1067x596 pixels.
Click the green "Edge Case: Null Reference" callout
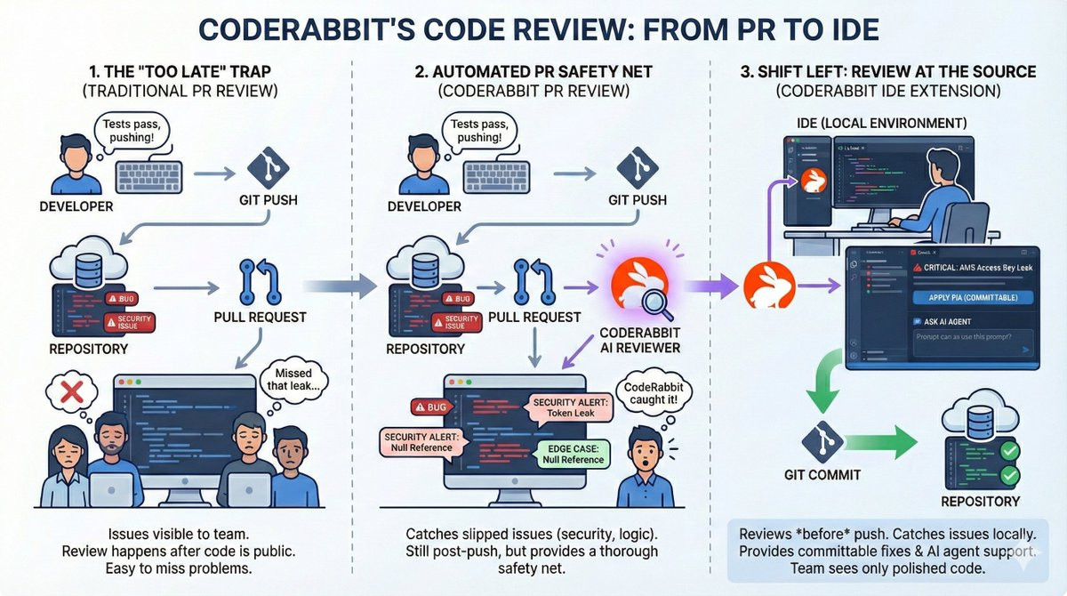(x=573, y=454)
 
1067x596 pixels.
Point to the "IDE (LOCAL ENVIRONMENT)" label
(x=887, y=123)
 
